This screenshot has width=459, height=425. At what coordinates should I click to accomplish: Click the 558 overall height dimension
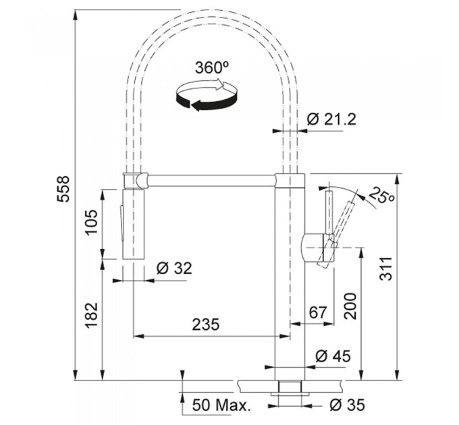click(63, 189)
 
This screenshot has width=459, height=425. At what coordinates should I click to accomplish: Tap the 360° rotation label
click(212, 68)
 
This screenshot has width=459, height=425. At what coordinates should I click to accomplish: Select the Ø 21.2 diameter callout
click(331, 119)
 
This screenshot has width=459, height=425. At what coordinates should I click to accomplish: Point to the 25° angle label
click(382, 195)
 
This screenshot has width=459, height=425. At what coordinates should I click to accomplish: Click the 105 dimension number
click(91, 222)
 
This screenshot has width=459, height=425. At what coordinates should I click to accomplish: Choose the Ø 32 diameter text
click(174, 268)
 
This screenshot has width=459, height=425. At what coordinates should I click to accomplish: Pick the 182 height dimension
click(91, 315)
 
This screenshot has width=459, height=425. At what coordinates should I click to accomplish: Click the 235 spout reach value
click(205, 324)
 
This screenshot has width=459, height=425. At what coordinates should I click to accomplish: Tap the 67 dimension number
click(318, 312)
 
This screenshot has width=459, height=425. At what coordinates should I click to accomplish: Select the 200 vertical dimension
click(351, 306)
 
